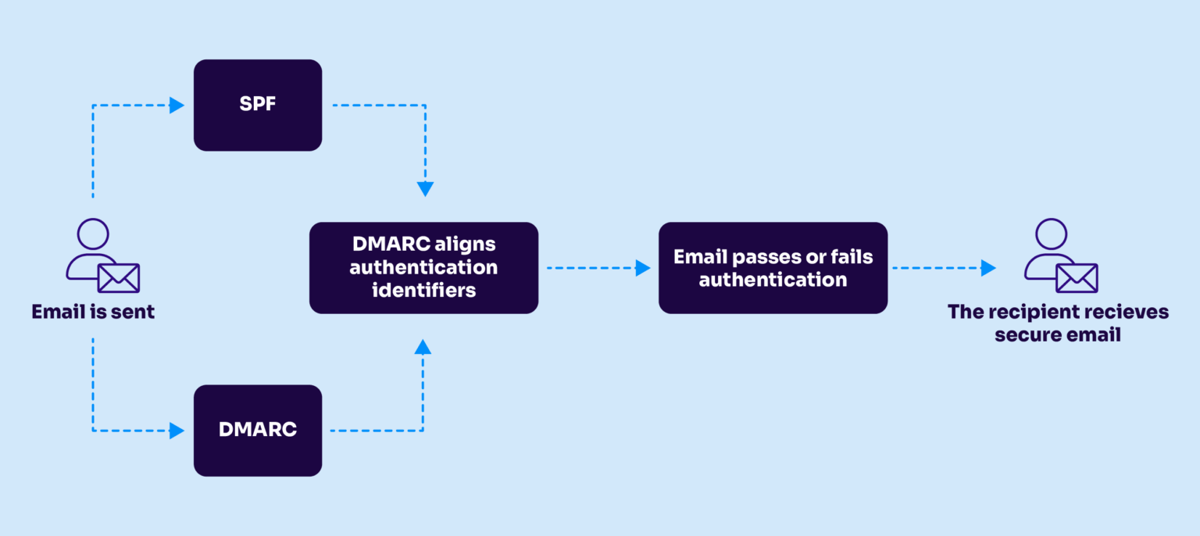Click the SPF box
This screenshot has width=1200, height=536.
(x=257, y=105)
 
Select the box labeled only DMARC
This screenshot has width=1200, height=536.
(x=257, y=430)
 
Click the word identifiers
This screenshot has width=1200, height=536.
(x=423, y=291)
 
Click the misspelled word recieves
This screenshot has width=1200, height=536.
(x=1123, y=312)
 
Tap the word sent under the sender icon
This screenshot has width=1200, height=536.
(x=132, y=312)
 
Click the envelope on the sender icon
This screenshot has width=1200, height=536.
(x=119, y=277)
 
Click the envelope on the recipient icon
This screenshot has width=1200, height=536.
(x=1077, y=277)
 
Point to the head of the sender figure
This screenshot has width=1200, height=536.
(x=93, y=234)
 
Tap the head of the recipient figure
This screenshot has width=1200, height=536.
(x=1051, y=234)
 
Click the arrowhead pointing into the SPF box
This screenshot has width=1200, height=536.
(x=177, y=105)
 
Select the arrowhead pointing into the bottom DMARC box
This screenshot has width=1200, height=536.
(x=177, y=431)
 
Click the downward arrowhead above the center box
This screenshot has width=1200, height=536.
(x=425, y=189)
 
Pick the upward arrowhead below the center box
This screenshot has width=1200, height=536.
(x=423, y=347)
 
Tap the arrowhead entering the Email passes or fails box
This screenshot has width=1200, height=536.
(x=643, y=268)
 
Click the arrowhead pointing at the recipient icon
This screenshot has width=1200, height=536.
(x=988, y=268)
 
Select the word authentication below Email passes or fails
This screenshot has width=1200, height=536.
(x=773, y=280)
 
